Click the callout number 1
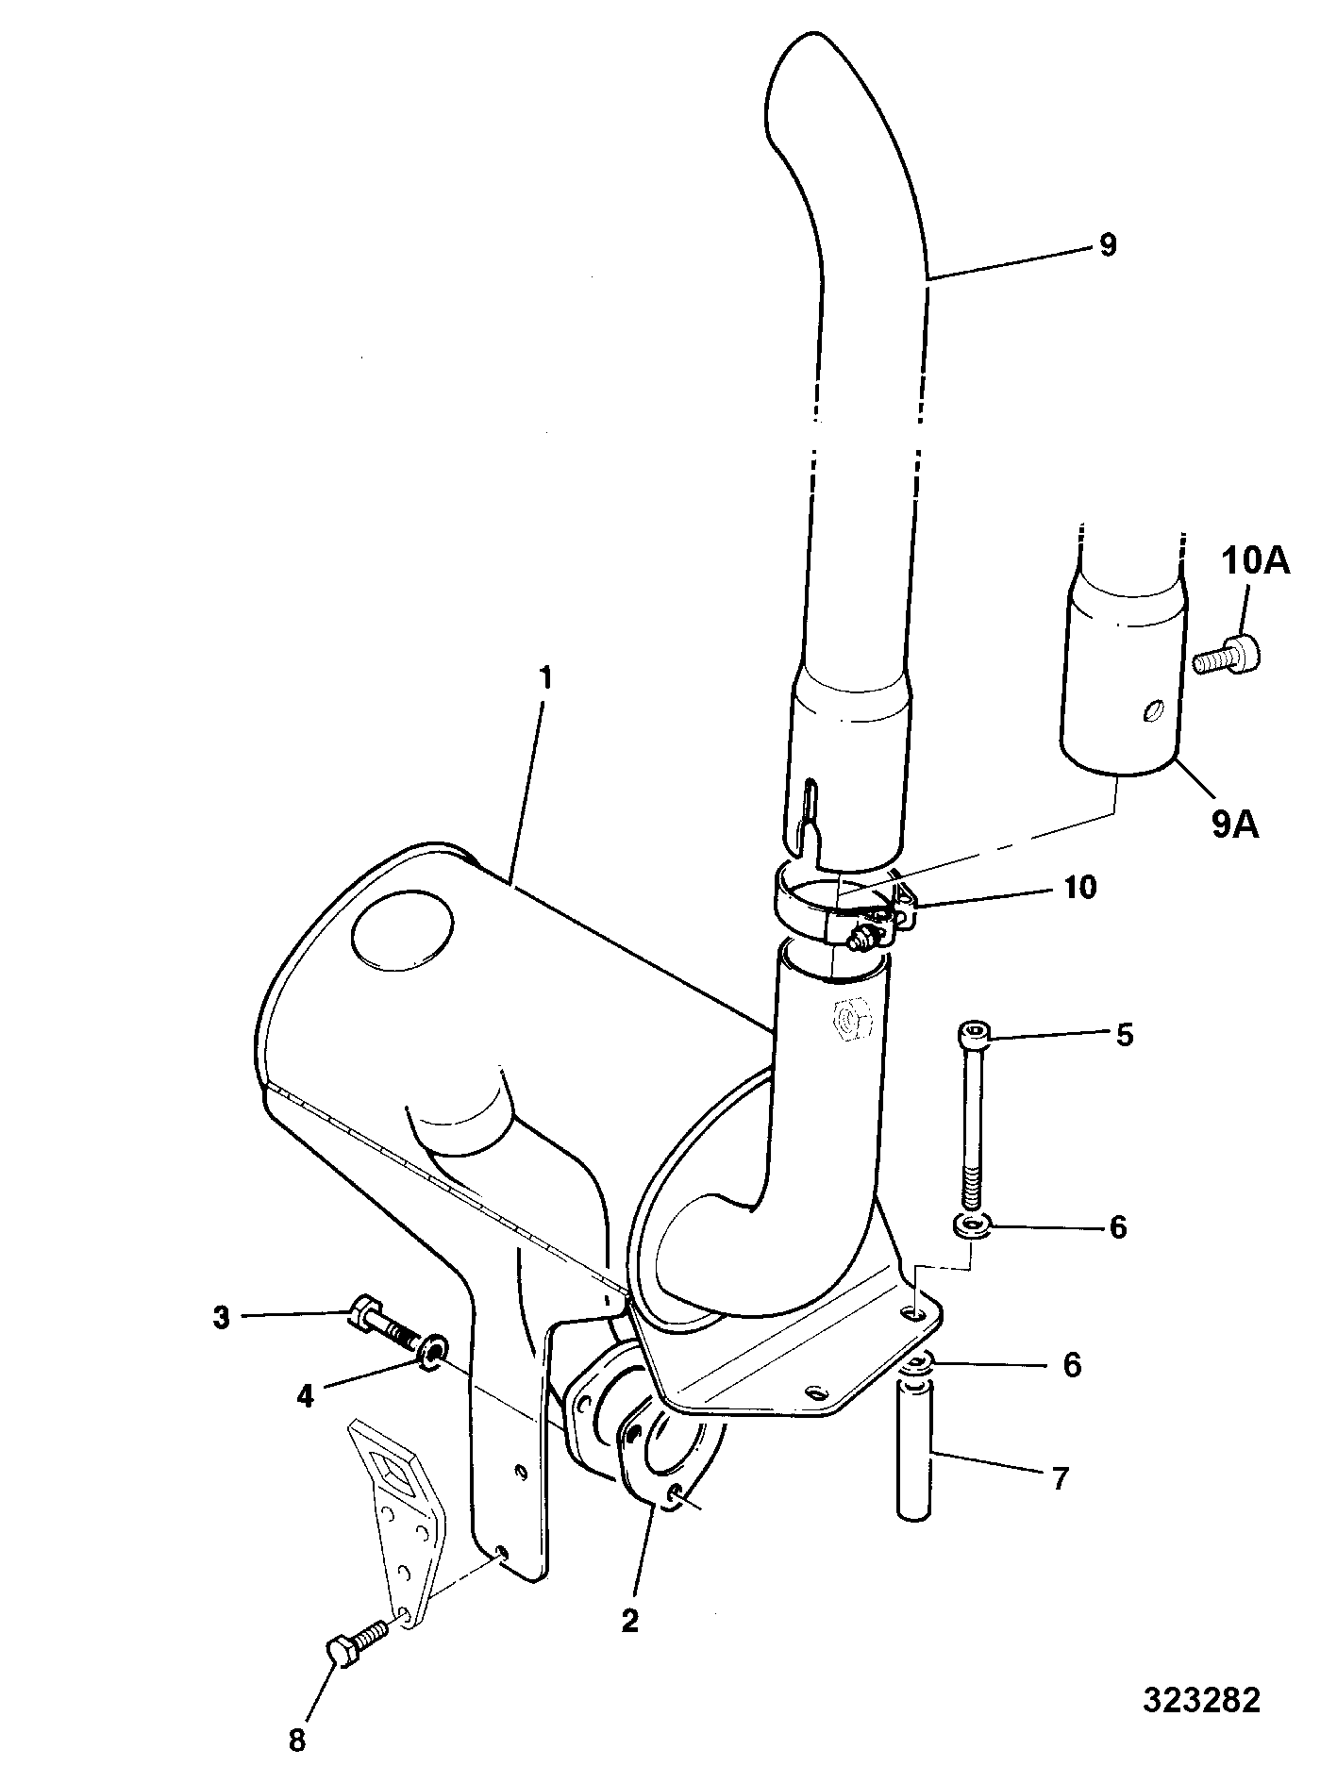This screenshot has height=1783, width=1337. coord(545,679)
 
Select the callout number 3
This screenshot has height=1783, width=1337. coord(222,1318)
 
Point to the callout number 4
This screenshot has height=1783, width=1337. coord(305,1396)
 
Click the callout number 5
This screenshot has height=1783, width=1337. coord(1123,1035)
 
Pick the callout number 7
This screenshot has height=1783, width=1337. coord(1060,1478)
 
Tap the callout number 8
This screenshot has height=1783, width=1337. coord(297,1741)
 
